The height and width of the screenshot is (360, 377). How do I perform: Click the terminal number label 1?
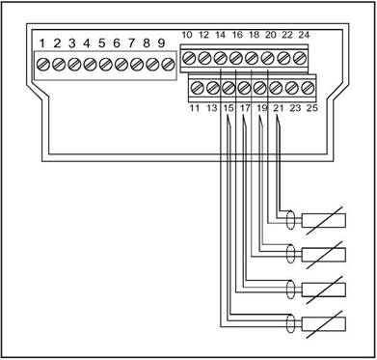(x=41, y=42)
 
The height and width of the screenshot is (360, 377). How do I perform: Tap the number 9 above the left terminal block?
(x=161, y=42)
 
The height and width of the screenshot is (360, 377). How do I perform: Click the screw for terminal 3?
(x=74, y=65)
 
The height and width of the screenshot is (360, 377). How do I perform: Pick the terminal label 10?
(x=187, y=35)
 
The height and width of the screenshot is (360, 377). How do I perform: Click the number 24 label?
(x=304, y=35)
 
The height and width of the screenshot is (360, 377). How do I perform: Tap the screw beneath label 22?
(x=283, y=58)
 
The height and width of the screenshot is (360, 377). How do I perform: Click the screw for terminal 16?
(x=235, y=58)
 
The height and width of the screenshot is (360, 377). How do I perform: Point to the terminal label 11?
(x=195, y=108)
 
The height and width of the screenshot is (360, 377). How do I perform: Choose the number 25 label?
(x=311, y=108)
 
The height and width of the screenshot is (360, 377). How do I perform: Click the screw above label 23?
(x=292, y=88)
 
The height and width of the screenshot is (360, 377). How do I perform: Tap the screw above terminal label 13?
(x=212, y=88)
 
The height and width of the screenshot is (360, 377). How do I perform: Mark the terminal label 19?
(x=262, y=108)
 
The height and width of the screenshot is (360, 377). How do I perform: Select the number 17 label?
(x=245, y=108)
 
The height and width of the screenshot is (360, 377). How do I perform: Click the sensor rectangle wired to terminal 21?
(x=324, y=221)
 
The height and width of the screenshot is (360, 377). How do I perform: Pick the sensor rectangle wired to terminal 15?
(x=324, y=324)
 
